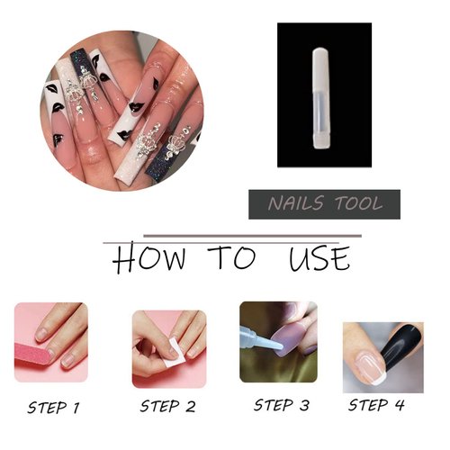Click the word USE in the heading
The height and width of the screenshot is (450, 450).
[319, 258]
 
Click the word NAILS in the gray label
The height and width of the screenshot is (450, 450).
[295, 204]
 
